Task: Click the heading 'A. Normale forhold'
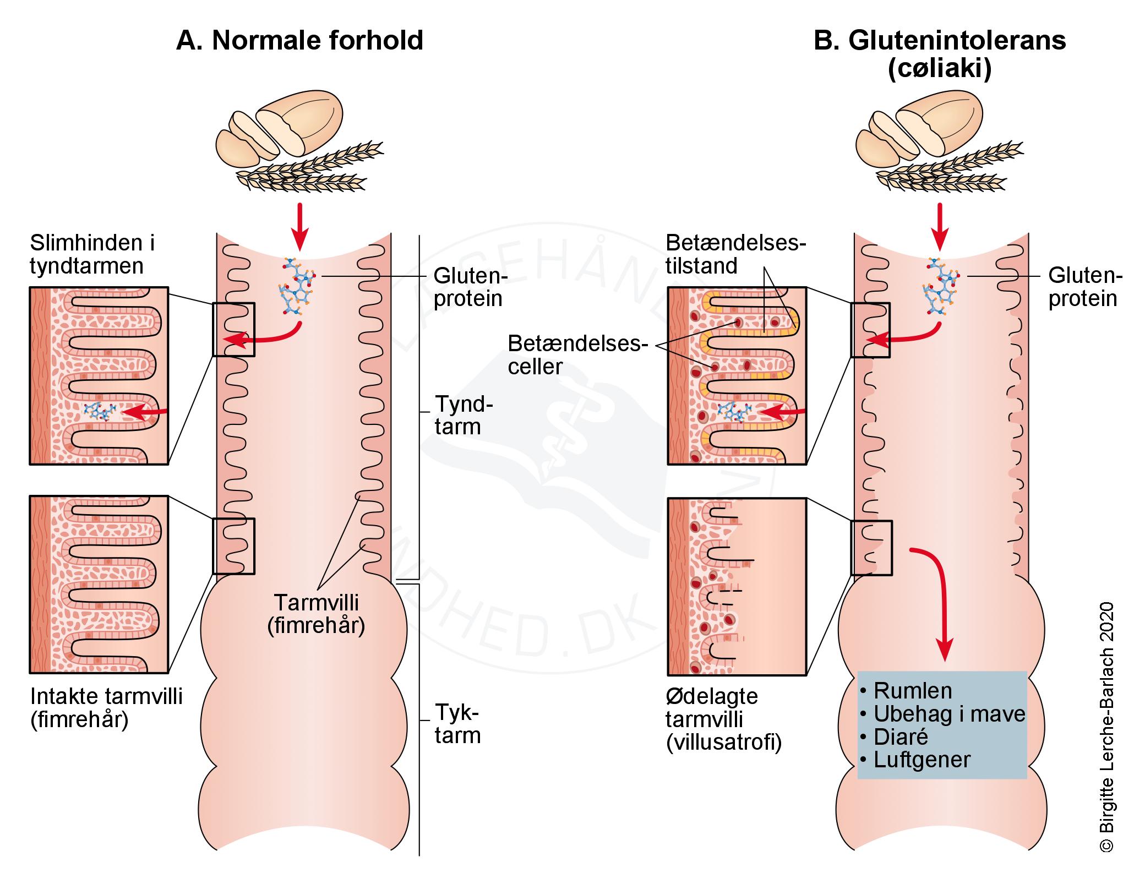coord(299,41)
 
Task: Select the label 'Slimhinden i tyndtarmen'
coord(92,254)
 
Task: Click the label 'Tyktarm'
coord(457,724)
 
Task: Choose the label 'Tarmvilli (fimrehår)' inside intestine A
coord(316,614)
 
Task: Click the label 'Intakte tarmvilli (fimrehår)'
coord(106,708)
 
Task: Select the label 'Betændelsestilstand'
coord(735,254)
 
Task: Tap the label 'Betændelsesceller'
coord(575,355)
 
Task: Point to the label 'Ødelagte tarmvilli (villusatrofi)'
coord(723,719)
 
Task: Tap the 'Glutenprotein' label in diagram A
coord(468,287)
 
